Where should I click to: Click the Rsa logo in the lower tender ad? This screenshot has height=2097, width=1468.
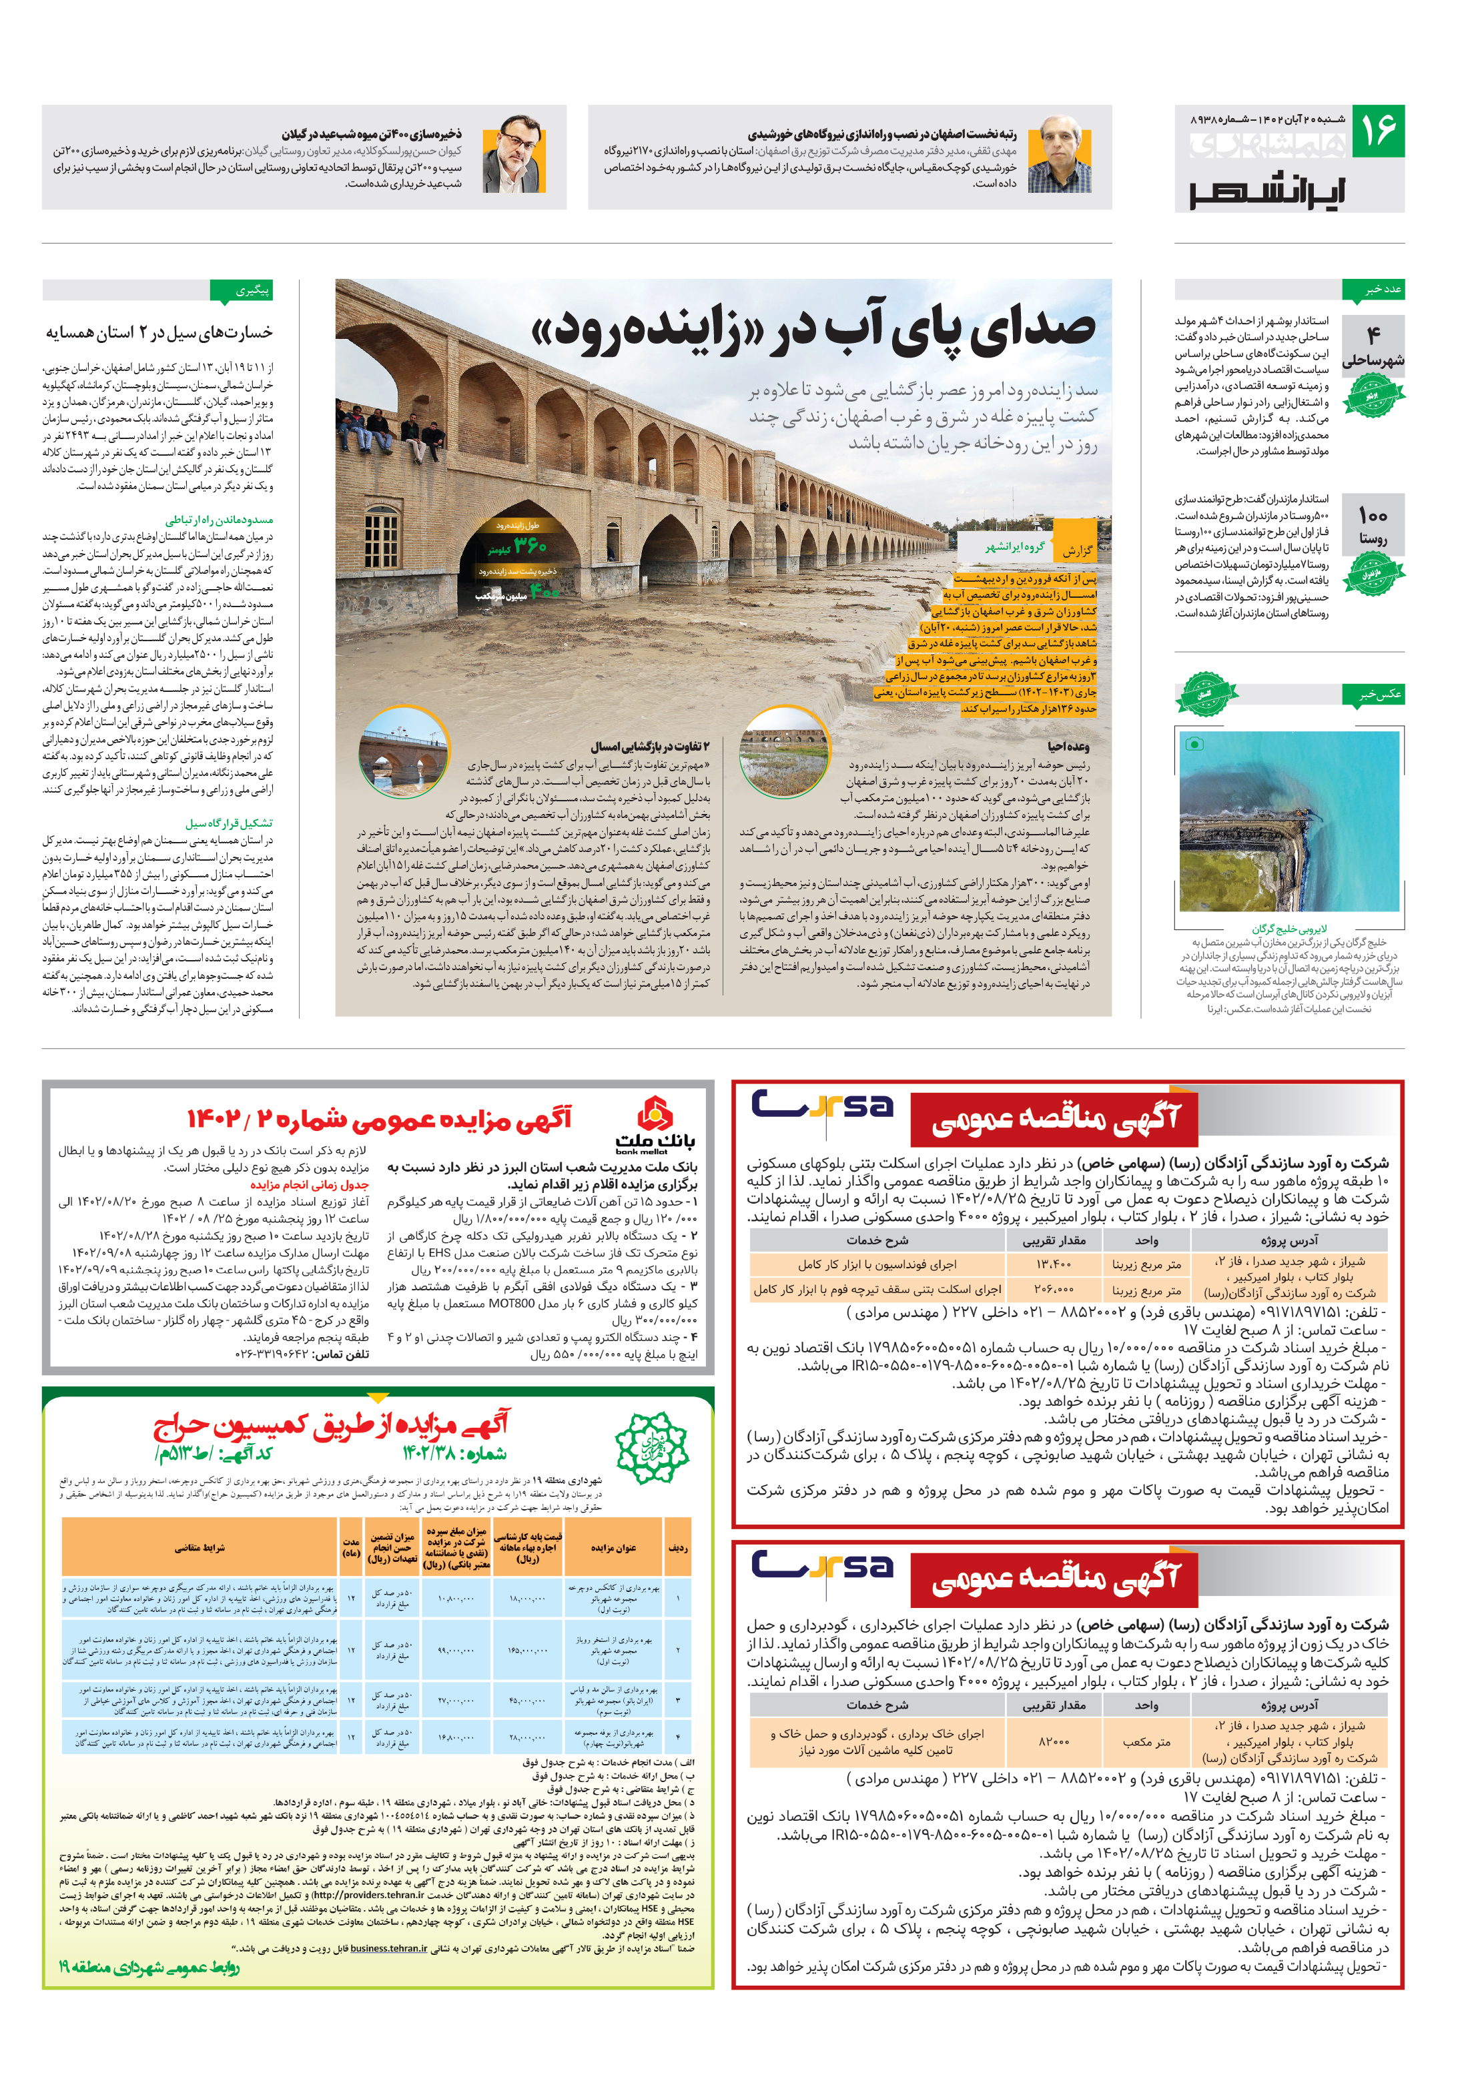[821, 1565]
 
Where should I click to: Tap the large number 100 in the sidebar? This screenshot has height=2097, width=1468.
[1372, 516]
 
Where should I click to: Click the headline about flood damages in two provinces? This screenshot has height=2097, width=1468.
[159, 332]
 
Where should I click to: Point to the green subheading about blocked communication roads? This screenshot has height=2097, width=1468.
[220, 520]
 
